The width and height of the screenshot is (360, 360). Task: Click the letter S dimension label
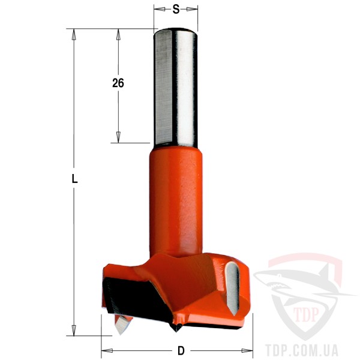point(176,10)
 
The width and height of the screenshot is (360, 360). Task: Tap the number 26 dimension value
point(118,83)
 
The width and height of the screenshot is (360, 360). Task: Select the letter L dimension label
point(74,179)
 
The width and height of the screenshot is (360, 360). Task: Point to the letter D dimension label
point(181,350)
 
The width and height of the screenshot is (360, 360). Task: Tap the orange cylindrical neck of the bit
point(176,202)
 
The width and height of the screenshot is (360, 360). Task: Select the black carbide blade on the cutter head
point(136,298)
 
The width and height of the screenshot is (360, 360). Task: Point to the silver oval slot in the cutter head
point(233,288)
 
